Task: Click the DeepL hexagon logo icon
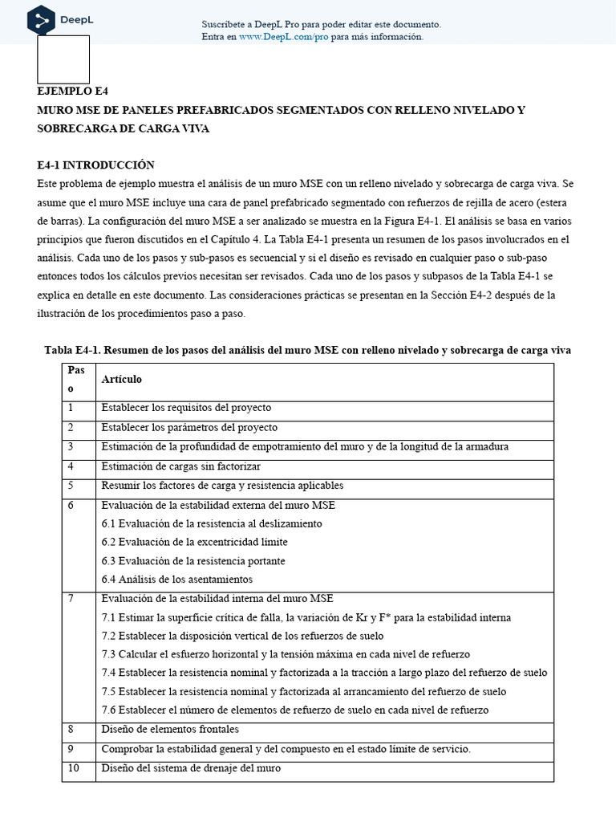(x=41, y=20)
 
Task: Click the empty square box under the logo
(x=63, y=59)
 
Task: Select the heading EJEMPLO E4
(x=71, y=91)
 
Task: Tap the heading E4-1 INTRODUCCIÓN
(x=95, y=165)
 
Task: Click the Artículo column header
(x=121, y=378)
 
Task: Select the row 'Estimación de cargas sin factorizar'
(x=180, y=466)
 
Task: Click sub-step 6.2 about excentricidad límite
(x=194, y=542)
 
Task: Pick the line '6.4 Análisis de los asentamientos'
(x=176, y=579)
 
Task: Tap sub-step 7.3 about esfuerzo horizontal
(x=286, y=654)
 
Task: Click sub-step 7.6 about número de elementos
(x=294, y=710)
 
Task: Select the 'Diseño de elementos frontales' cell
(x=169, y=730)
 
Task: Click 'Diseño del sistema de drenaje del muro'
(x=191, y=768)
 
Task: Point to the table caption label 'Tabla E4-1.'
(x=72, y=351)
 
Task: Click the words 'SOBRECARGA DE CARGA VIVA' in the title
(x=124, y=128)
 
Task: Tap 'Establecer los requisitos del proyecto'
(x=186, y=408)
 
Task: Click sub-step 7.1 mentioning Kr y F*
(x=306, y=617)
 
